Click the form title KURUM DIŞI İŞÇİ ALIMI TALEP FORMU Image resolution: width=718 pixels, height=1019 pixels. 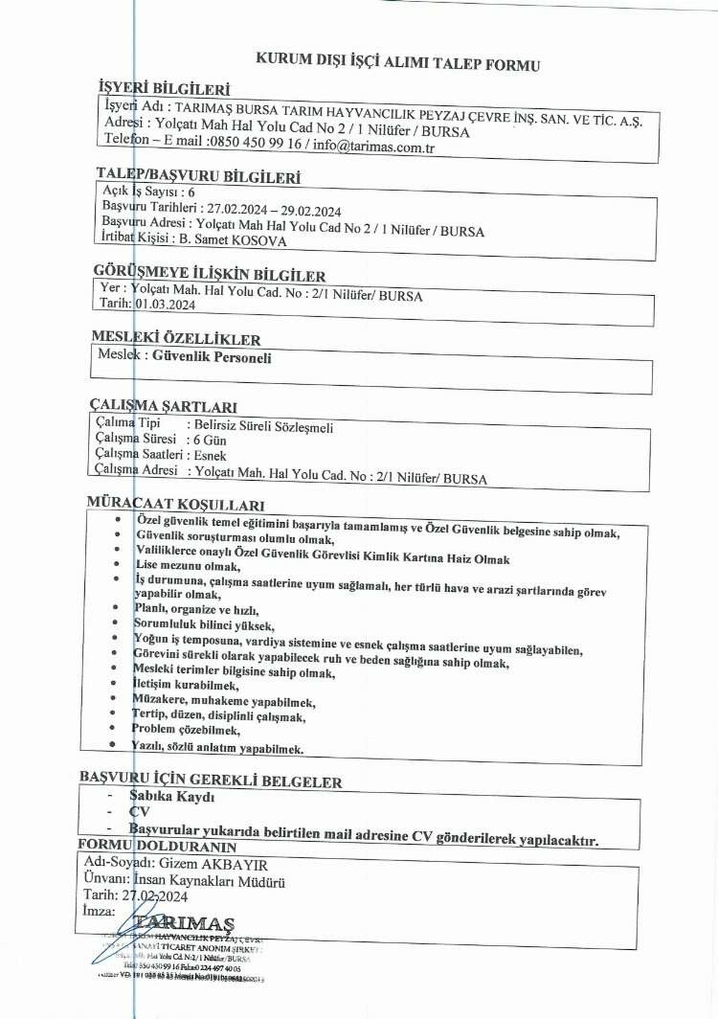point(398,64)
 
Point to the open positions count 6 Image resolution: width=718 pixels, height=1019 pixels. point(191,192)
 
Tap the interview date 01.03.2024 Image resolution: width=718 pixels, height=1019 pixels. point(168,304)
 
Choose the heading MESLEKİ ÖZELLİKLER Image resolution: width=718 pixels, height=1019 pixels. point(175,338)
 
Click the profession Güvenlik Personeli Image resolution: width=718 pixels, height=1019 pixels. point(213,357)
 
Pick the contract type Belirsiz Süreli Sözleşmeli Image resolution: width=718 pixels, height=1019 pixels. point(259,428)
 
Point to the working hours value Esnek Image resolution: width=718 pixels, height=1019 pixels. point(210,456)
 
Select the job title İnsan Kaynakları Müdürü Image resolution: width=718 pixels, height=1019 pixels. point(211,880)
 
